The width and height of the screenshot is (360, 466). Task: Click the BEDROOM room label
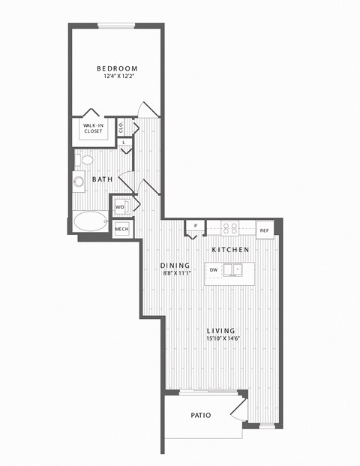click(x=117, y=68)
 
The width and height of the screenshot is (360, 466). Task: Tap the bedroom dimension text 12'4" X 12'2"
click(x=117, y=77)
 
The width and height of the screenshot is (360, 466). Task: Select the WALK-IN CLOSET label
click(x=93, y=128)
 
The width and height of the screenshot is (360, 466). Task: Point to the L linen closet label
click(x=124, y=143)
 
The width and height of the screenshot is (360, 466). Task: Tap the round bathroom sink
click(x=79, y=181)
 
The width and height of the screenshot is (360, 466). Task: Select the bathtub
click(x=90, y=221)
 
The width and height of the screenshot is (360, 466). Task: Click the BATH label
click(x=102, y=179)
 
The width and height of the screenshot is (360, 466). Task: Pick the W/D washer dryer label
click(x=120, y=207)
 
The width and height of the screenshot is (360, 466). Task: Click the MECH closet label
click(x=121, y=229)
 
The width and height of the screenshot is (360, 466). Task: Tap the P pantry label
click(x=196, y=226)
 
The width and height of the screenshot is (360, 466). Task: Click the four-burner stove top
click(x=230, y=229)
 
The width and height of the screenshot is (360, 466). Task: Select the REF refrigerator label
click(x=264, y=230)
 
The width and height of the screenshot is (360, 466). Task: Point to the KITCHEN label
click(x=230, y=250)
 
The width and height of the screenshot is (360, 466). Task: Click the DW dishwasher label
click(x=214, y=270)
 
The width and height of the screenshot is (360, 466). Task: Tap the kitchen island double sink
click(x=233, y=270)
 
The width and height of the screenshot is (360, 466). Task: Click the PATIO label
click(x=201, y=415)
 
